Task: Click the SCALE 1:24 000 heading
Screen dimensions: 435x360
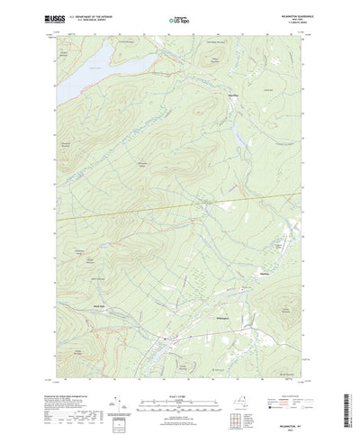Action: click(179, 367)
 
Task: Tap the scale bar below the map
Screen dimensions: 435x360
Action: click(179, 376)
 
